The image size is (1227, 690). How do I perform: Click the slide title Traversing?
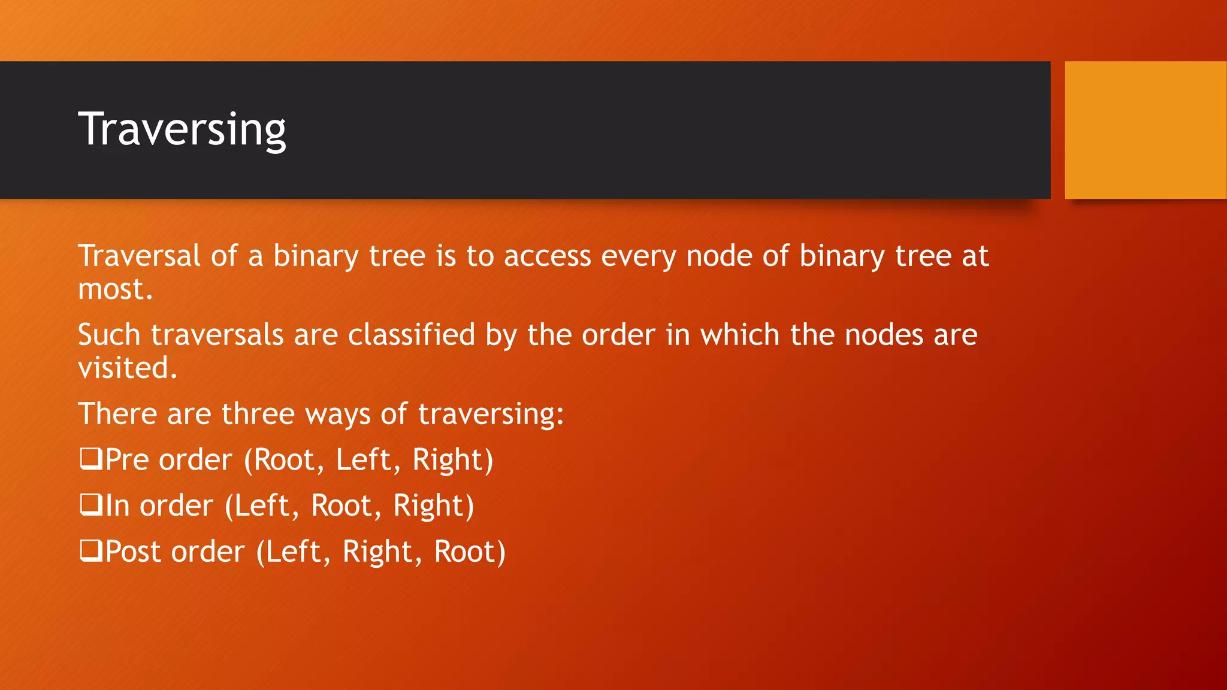(182, 129)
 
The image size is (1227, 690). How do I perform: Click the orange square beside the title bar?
(1145, 129)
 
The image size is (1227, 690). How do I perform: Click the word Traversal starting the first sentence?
(138, 256)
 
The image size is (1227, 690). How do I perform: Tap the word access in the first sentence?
(547, 257)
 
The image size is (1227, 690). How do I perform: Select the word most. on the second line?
(115, 289)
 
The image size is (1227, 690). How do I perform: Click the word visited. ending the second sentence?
(128, 368)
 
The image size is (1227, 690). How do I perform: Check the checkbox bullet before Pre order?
(90, 459)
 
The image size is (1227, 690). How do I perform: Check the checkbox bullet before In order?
(90, 506)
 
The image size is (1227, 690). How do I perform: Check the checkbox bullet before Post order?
(90, 551)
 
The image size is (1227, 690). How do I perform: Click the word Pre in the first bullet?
(127, 460)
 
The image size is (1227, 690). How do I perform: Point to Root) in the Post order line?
(470, 552)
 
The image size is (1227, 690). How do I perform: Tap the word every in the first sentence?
(638, 257)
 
